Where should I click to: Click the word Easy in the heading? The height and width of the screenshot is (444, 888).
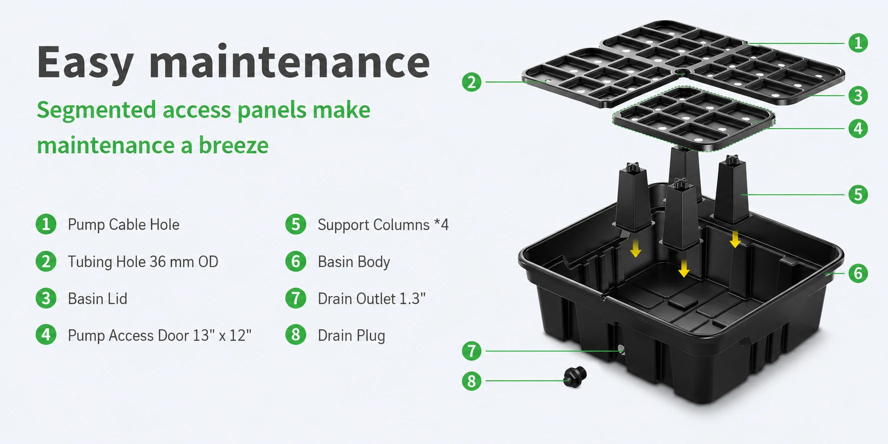click(85, 63)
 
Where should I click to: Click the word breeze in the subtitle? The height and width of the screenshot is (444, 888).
click(234, 145)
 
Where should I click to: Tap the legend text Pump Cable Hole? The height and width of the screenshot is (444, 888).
click(123, 224)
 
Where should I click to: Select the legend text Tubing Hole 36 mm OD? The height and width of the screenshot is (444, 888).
click(143, 261)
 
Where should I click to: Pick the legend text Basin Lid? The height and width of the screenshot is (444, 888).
click(97, 298)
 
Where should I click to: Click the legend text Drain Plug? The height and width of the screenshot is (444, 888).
click(351, 335)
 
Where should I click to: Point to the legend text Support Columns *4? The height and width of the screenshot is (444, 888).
click(383, 225)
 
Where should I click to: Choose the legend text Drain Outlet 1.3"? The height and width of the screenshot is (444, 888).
click(371, 298)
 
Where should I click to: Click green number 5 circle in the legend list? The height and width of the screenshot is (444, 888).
click(296, 224)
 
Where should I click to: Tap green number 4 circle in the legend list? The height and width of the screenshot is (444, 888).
click(46, 335)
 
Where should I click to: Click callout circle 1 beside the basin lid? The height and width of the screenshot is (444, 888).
click(858, 43)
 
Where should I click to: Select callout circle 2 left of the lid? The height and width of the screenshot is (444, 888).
click(472, 82)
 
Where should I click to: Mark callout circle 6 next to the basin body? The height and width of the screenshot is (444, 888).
click(858, 273)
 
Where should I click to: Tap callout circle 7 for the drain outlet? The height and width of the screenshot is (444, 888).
click(472, 351)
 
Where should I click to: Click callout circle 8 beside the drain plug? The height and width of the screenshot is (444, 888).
click(472, 381)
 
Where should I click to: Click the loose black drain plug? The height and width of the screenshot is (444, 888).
click(575, 377)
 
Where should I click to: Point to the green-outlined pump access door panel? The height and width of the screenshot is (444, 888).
click(694, 118)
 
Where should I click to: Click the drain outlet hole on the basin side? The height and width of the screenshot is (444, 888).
click(621, 349)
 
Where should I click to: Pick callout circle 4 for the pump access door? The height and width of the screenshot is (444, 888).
click(858, 129)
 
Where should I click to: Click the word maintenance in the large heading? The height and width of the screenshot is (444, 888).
click(289, 63)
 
